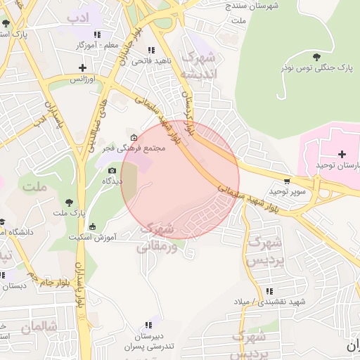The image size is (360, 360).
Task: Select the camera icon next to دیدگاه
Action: [x=112, y=171]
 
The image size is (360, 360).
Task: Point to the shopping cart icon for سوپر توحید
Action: [x=287, y=181]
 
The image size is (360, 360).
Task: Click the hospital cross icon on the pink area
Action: [x=342, y=154]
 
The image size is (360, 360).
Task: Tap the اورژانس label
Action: [x=82, y=79]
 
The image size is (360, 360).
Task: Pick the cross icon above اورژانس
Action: [x=83, y=68]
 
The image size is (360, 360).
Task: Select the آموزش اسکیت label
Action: [x=92, y=237]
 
